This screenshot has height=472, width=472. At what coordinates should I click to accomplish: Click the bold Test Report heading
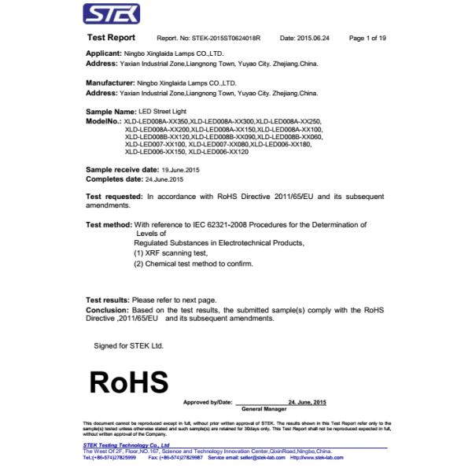110,38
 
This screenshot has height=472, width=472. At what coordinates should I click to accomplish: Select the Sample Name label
109,113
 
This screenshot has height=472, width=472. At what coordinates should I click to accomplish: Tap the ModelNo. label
103,122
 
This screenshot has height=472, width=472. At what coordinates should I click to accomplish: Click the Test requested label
113,194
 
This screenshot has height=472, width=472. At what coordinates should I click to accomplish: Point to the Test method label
109,225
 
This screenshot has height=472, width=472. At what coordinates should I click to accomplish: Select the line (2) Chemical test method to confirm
194,264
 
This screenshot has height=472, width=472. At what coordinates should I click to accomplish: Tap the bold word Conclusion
106,310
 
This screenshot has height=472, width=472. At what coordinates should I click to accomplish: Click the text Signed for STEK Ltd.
128,345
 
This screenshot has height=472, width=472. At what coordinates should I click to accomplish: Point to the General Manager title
264,409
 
